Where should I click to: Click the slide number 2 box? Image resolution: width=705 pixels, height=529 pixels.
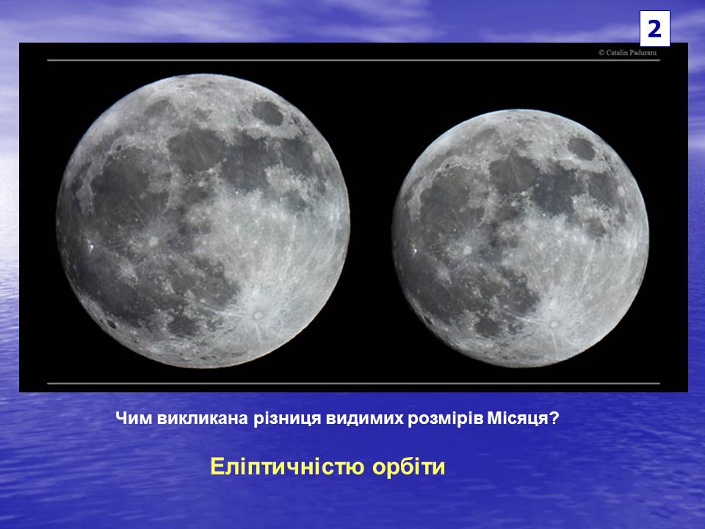654,29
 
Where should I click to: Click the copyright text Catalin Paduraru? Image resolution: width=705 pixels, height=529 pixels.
628,53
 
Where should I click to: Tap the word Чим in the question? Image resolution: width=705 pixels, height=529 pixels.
134,418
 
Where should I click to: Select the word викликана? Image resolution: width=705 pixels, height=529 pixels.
203,418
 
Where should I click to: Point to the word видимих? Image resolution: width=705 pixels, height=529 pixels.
364,419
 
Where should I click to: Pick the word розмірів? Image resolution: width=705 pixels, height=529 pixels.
445,419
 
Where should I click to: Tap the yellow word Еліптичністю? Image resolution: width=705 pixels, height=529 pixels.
287,467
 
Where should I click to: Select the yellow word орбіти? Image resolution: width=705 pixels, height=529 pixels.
408,467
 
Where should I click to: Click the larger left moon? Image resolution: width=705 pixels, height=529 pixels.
203,221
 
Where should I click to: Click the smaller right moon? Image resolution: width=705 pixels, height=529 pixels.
520,238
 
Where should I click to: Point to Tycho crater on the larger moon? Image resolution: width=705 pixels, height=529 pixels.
258,314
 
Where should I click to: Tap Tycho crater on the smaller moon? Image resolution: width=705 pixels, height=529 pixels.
554,323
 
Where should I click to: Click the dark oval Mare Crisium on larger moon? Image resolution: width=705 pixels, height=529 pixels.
267,113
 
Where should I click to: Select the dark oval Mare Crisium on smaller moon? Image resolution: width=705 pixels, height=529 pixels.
582,148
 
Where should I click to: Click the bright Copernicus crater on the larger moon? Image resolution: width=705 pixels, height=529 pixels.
153,241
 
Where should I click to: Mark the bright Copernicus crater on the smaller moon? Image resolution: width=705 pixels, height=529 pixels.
468,249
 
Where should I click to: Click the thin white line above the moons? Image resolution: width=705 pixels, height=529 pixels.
353,60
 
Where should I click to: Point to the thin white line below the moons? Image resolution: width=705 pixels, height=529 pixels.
353,384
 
